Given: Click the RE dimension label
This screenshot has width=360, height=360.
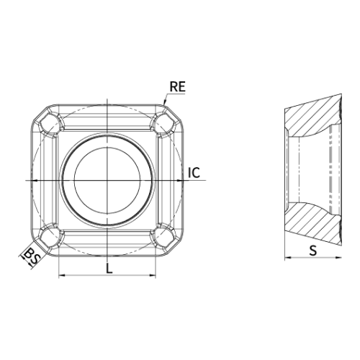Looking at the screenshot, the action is click(x=178, y=86).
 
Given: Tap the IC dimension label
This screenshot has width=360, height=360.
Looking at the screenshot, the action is click(x=194, y=173).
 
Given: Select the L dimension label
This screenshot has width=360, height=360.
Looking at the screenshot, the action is click(x=109, y=269).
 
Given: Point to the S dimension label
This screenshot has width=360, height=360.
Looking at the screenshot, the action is click(x=313, y=251).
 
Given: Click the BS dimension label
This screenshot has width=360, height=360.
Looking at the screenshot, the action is click(x=32, y=256).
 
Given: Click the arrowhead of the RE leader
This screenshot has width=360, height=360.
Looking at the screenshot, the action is click(x=164, y=103).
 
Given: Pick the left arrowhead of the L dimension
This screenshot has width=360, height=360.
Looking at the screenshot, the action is click(x=62, y=275).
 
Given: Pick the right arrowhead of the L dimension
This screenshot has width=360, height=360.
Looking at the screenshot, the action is click(x=153, y=275).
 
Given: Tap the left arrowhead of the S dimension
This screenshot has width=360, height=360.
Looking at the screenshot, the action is click(x=288, y=258).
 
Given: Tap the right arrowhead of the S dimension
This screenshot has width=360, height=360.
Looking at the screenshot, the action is click(x=338, y=258).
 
